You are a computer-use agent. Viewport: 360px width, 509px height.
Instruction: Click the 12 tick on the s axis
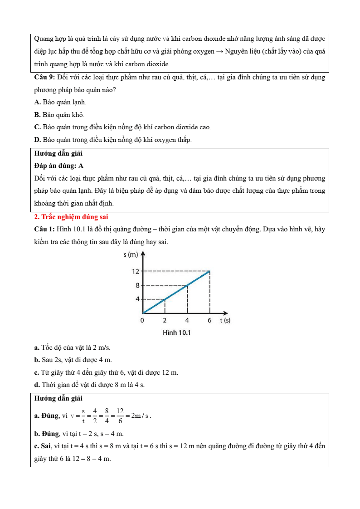tap(135, 271)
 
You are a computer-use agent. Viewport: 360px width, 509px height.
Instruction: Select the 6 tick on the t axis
tap(209, 320)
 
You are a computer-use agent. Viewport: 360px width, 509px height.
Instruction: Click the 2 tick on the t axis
tap(165, 320)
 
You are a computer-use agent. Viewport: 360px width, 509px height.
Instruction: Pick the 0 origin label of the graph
tap(142, 320)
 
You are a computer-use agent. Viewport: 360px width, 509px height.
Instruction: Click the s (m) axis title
tap(131, 255)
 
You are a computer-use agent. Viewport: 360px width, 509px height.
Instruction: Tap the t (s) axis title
tap(225, 320)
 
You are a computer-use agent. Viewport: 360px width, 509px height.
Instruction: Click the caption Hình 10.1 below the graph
tap(177, 333)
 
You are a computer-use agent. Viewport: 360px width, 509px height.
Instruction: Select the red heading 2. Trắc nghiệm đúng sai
tap(71, 217)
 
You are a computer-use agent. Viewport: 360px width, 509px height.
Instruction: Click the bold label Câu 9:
tap(44, 77)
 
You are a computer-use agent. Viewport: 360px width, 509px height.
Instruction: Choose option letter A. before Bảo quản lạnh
tap(37, 103)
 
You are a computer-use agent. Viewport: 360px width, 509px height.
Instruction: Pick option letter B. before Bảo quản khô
tap(37, 115)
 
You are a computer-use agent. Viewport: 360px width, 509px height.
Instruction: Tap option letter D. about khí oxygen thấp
tap(37, 140)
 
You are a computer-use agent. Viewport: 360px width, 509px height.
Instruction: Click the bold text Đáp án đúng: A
tap(58, 166)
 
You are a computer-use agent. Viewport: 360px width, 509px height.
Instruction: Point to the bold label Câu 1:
tap(44, 229)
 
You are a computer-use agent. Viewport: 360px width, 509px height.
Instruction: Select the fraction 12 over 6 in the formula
tap(120, 416)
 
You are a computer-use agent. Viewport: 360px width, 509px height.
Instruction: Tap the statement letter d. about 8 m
tap(37, 385)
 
